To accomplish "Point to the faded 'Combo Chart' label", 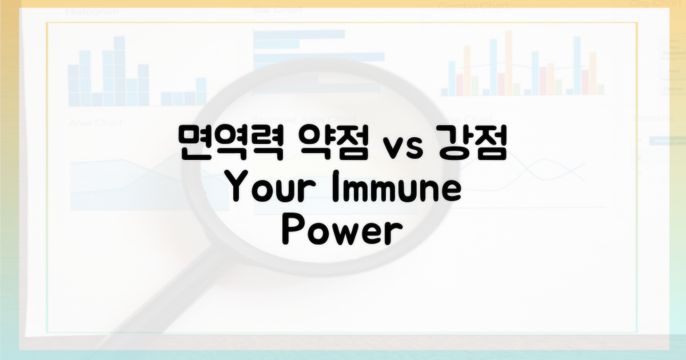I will [x=473, y=7].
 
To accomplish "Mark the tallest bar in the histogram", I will [x=119, y=71].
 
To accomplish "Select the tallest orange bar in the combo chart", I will [x=508, y=63].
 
